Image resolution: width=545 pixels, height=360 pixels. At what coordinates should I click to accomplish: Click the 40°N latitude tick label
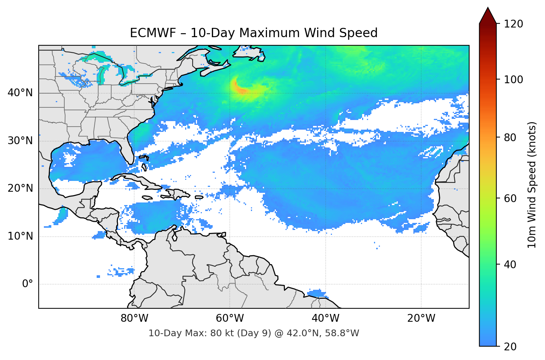[x=20, y=93]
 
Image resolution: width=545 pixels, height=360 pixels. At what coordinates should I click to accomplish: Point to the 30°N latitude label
[x=20, y=141]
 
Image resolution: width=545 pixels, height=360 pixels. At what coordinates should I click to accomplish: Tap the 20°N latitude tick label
[x=20, y=188]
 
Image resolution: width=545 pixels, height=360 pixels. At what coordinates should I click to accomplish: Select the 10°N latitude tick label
[x=20, y=236]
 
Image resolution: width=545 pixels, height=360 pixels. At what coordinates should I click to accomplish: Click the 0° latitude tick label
[x=28, y=284]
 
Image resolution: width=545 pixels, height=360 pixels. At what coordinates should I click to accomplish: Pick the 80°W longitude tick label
[x=134, y=318]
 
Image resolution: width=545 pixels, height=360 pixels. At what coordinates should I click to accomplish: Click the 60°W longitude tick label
[x=230, y=318]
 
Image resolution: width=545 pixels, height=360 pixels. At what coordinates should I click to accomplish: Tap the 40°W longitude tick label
[x=326, y=318]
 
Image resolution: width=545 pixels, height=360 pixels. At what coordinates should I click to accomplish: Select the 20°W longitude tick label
[x=421, y=318]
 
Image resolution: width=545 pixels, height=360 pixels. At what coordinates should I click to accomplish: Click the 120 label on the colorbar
[x=513, y=24]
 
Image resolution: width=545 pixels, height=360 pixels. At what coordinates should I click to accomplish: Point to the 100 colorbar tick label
[x=513, y=80]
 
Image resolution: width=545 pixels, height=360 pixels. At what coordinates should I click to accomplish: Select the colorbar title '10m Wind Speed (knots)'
[x=532, y=185]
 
